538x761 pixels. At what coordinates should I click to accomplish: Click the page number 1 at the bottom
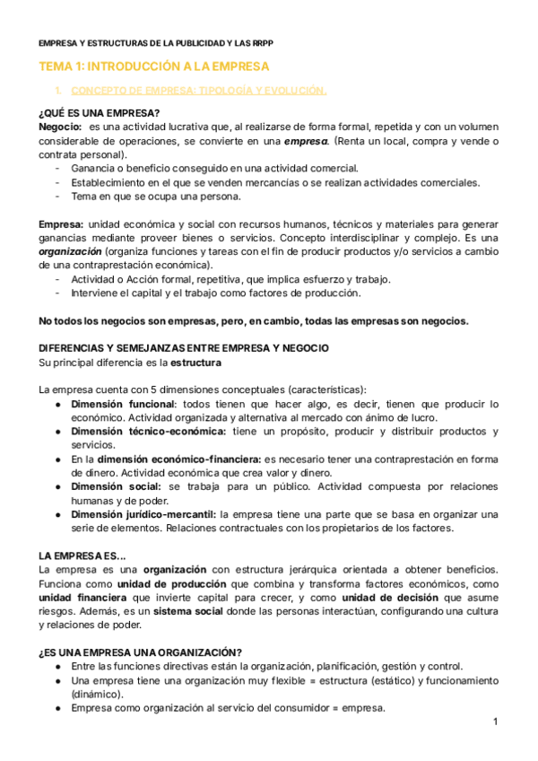(494, 722)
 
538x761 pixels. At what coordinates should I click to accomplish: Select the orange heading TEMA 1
(153, 67)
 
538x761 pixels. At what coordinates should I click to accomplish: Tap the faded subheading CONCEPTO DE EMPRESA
(198, 91)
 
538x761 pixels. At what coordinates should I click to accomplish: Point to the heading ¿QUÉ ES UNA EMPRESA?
(100, 113)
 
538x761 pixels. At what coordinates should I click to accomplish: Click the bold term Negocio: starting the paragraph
(61, 127)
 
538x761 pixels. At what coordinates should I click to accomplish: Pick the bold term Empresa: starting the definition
(61, 223)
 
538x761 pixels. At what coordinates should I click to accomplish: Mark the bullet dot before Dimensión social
(57, 486)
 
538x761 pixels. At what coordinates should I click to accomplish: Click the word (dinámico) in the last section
(97, 694)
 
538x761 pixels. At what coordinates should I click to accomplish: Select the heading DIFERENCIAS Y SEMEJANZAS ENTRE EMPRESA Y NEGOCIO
(170, 347)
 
